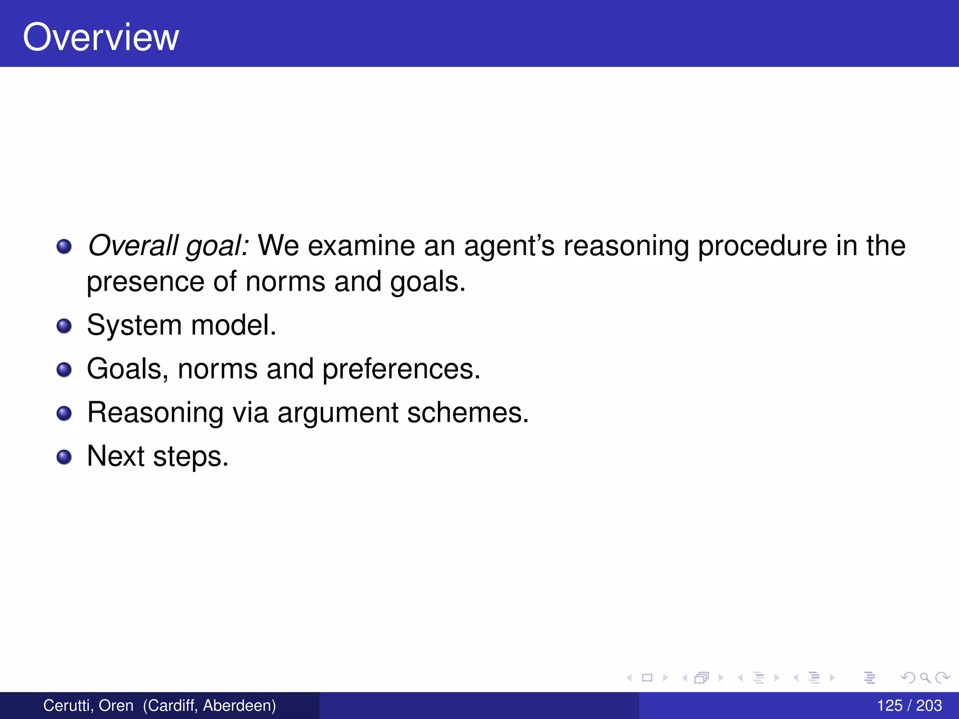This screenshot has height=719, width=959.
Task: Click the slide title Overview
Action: [x=101, y=37]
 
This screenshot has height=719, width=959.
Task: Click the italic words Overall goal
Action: [x=168, y=245]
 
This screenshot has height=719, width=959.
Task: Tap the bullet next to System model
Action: [x=64, y=326]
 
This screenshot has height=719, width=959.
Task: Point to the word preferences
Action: [x=401, y=370]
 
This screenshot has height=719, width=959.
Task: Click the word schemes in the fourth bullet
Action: [x=467, y=413]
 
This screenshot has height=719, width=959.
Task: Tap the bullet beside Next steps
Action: [x=64, y=457]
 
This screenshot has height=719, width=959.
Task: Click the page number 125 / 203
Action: [x=909, y=705]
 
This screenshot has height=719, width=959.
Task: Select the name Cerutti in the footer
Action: [x=68, y=705]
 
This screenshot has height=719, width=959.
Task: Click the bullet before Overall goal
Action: [x=64, y=246]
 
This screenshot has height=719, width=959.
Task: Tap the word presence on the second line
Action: [x=145, y=282]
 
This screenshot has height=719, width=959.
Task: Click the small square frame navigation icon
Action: [x=647, y=677]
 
